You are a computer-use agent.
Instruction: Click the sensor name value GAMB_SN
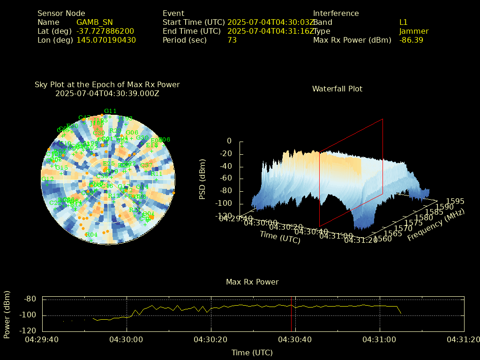[94, 22]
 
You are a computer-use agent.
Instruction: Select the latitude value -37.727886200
[105, 31]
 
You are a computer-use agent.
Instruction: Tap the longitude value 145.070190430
[106, 40]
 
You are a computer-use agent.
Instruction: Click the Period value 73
[232, 40]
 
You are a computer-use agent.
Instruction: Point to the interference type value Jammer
[413, 31]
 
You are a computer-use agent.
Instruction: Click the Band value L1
[403, 22]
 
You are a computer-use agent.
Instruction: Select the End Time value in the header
[271, 31]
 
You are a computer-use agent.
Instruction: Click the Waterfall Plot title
[337, 89]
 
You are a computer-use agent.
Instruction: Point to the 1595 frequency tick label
[456, 201]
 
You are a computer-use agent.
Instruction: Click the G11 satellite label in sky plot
[110, 111]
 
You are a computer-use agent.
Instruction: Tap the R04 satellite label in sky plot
[91, 235]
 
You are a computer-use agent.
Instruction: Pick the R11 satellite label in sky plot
[156, 173]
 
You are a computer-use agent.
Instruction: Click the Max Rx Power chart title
[252, 282]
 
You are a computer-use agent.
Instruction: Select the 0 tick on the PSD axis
[229, 141]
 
